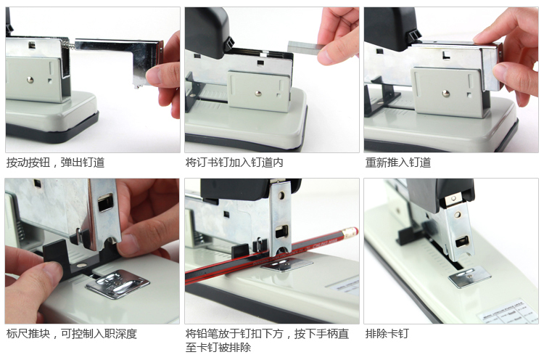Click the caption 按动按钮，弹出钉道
pos(56,162)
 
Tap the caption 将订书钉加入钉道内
pos(234,162)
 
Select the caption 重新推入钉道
pos(398,162)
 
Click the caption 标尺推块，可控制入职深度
pos(72,334)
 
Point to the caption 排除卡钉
pos(387,334)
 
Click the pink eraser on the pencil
pos(350,232)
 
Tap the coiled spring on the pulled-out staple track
pos(69,45)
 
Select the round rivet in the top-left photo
pos(30,80)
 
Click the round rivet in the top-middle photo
pos(257,93)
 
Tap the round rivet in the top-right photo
pos(446,93)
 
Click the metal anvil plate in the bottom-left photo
pos(118,284)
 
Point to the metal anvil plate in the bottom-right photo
pos(469,277)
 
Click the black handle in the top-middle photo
pos(207,32)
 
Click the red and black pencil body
pos(264,256)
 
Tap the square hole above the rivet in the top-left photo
pos(32,44)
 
